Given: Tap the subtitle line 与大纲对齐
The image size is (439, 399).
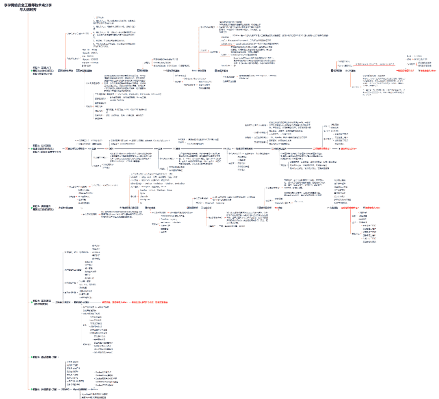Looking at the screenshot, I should coord(27,9).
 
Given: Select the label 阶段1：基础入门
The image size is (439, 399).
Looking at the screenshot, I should coord(42,67).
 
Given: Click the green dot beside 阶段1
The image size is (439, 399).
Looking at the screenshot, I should coord(32,71).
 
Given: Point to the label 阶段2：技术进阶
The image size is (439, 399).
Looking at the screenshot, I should coord(42,145).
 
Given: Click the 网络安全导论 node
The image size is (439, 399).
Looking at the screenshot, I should coord(65,71).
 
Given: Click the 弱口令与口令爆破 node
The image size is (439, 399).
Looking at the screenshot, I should coord(76,149).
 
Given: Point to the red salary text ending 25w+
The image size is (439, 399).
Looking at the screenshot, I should coord(348,149).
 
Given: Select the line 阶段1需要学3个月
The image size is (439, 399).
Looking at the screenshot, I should coord(42,74).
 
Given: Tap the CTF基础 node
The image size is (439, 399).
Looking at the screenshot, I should coord(350,71).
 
